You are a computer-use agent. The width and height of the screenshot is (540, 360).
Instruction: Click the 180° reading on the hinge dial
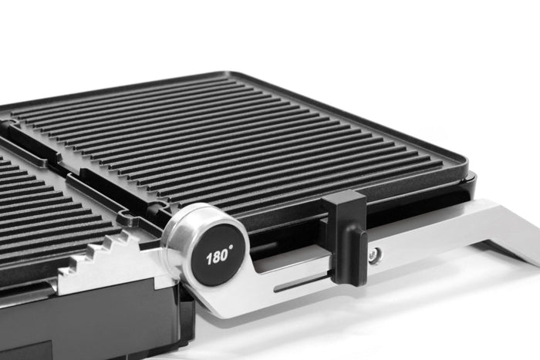pyautogui.click(x=217, y=257)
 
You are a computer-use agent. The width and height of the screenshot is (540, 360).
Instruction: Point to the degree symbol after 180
pyautogui.click(x=230, y=251)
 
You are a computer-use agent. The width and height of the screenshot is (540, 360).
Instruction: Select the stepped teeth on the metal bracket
pyautogui.click(x=108, y=251)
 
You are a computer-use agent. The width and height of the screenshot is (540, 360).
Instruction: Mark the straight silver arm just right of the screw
pyautogui.click(x=432, y=235)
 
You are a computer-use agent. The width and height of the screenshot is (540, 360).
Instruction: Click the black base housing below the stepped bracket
pyautogui.click(x=116, y=324)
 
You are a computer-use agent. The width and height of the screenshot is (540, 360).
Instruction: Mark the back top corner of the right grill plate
pyautogui.click(x=235, y=74)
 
